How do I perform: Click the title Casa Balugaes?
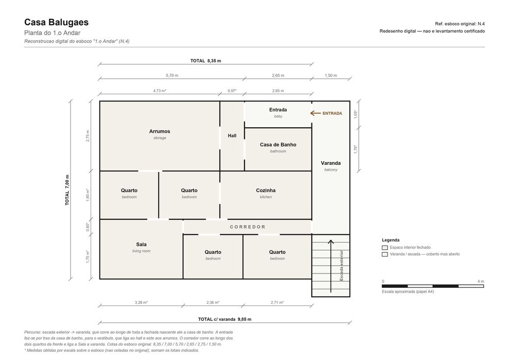tap(56, 22)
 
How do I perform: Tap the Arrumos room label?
tap(160, 131)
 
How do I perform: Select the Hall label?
tap(232, 136)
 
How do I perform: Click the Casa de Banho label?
tap(278, 145)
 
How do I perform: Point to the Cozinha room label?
tap(266, 191)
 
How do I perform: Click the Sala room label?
tap(141, 244)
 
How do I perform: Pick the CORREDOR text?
tap(248, 227)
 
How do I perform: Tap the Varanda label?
tap(331, 163)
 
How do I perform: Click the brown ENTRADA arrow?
tap(315, 113)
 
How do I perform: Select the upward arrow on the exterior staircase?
tap(331, 266)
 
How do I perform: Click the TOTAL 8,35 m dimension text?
tap(206, 61)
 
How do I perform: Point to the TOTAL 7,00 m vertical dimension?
tap(67, 190)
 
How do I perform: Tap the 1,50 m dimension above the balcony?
tap(331, 75)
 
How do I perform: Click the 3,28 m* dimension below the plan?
tap(141, 302)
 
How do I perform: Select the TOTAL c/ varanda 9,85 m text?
tap(224, 319)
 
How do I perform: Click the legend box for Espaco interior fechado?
tap(385, 248)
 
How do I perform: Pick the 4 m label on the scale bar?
tap(481, 281)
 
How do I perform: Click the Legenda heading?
tap(391, 240)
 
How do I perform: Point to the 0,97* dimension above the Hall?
tap(232, 91)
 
